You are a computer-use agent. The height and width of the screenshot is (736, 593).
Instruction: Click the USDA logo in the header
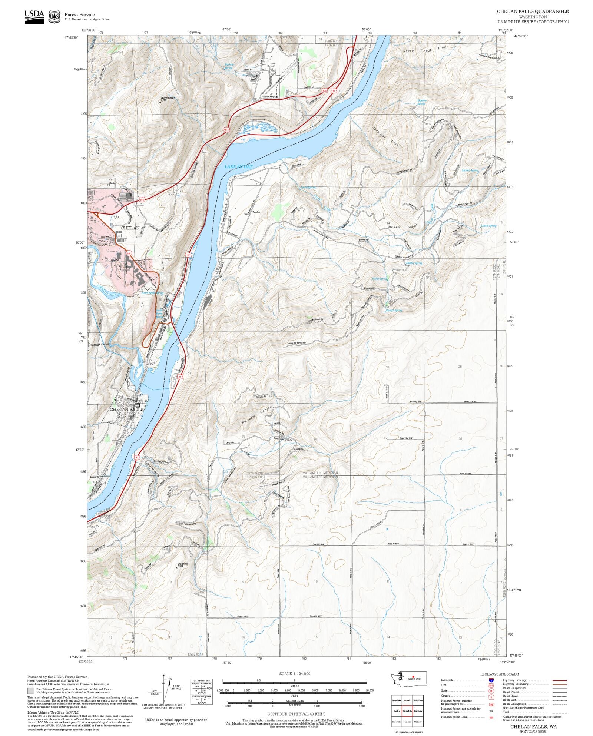(34, 17)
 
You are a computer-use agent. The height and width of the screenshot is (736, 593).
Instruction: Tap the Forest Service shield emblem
(54, 17)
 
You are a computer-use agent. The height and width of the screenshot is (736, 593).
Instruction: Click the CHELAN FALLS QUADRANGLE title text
(533, 11)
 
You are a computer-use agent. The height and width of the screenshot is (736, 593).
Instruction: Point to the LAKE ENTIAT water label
(238, 167)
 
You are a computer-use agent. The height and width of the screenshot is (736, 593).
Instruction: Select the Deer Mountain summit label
(168, 98)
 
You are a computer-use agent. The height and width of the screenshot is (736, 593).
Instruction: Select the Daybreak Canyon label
(100, 344)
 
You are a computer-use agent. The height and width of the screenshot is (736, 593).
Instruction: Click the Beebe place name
(256, 212)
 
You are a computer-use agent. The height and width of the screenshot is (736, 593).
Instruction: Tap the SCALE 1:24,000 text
(295, 674)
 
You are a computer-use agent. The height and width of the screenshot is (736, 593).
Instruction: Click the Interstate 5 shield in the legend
(491, 680)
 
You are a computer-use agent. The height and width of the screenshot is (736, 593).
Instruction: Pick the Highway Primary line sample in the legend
(559, 680)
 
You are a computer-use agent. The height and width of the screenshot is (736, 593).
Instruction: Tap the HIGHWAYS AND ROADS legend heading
(499, 674)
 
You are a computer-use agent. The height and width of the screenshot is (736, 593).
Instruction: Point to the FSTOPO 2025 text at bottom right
(533, 731)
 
